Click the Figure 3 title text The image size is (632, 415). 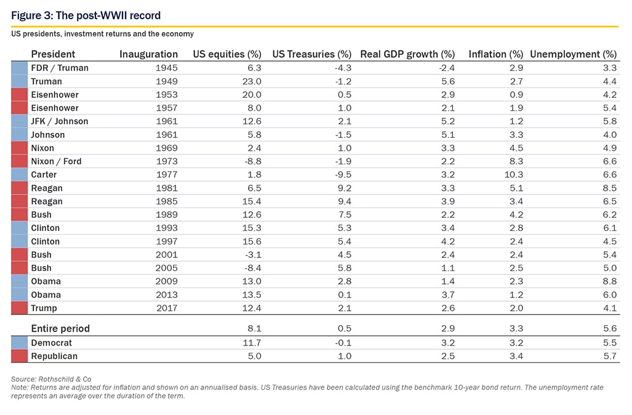tap(86, 15)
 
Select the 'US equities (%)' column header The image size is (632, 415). tap(227, 54)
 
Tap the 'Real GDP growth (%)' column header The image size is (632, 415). tap(407, 54)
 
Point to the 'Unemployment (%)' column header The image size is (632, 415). tap(573, 54)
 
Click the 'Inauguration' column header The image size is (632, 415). tap(148, 54)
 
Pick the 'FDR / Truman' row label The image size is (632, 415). tap(60, 68)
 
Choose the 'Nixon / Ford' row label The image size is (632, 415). tap(56, 161)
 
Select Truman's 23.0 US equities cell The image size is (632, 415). tap(252, 81)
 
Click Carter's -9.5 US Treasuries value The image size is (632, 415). tap(343, 175)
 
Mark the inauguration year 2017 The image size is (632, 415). tap(167, 308)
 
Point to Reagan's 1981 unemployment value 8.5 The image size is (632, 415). tap(610, 188)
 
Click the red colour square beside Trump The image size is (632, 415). tap(19, 308)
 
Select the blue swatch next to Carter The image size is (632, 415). tap(19, 175)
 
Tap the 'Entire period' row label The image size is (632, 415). tap(60, 328)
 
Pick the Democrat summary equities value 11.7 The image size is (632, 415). tap(252, 343)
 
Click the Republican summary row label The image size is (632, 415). tap(54, 356)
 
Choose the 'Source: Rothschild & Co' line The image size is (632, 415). tap(51, 379)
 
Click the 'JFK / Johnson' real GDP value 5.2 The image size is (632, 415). tap(448, 121)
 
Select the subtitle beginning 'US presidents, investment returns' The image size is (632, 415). tap(102, 34)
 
